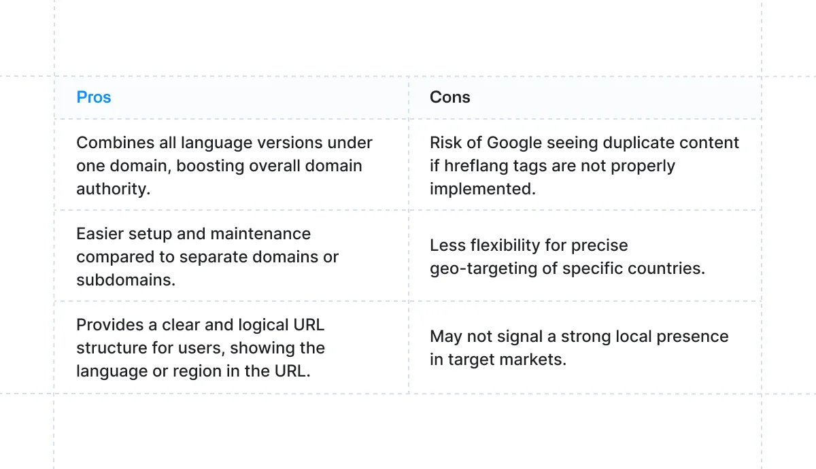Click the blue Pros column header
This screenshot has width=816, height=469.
click(94, 97)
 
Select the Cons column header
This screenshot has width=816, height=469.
click(449, 97)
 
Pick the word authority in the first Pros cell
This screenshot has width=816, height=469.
click(113, 189)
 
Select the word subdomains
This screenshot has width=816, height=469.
click(126, 280)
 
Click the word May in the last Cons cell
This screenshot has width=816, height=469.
click(445, 336)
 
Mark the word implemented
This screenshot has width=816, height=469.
click(482, 189)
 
